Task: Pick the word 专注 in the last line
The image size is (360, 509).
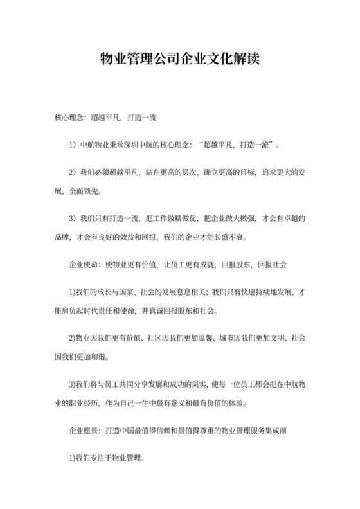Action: point(98,460)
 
